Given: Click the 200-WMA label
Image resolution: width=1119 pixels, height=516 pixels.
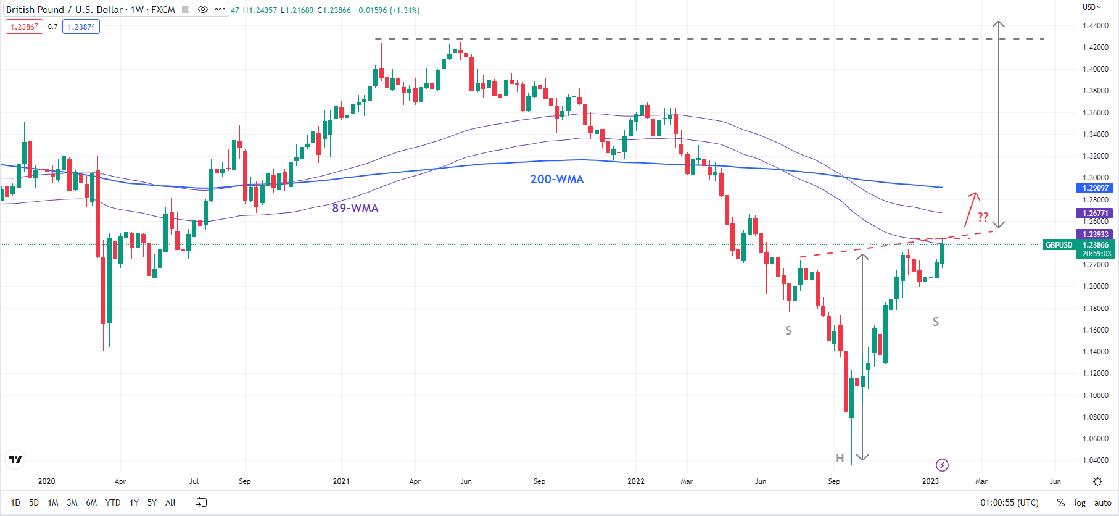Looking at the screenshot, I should pyautogui.click(x=556, y=179).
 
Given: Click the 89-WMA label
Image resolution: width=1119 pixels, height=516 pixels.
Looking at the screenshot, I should pyautogui.click(x=355, y=208).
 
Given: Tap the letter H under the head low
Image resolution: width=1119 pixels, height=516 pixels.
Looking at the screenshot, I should pyautogui.click(x=840, y=458).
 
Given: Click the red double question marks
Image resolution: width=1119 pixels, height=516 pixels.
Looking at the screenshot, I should pyautogui.click(x=983, y=217).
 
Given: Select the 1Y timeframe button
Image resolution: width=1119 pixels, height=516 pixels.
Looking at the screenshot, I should pyautogui.click(x=134, y=502).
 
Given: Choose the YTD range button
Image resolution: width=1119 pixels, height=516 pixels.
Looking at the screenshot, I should pyautogui.click(x=113, y=502).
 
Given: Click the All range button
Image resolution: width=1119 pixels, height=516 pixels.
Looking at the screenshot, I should pyautogui.click(x=170, y=502).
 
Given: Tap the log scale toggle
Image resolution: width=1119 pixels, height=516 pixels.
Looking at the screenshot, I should pyautogui.click(x=1080, y=502).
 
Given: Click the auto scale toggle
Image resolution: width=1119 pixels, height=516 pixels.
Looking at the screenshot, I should pyautogui.click(x=1102, y=502).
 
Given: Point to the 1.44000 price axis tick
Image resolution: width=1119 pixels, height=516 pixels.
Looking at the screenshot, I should pyautogui.click(x=1096, y=26).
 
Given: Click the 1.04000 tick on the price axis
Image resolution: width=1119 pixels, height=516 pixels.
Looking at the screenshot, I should pyautogui.click(x=1096, y=460).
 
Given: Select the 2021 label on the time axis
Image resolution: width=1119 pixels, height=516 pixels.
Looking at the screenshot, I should pyautogui.click(x=341, y=481).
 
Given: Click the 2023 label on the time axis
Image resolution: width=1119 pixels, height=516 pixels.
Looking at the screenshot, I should pyautogui.click(x=930, y=481).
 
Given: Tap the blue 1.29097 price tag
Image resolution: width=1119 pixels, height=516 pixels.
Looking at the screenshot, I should pyautogui.click(x=1095, y=188).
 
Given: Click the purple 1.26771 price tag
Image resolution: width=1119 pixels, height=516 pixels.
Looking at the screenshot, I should pyautogui.click(x=1095, y=214).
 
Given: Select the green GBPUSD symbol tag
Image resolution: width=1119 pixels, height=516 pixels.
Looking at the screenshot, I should pyautogui.click(x=1059, y=245).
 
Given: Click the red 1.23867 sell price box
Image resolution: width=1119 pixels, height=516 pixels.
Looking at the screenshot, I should pyautogui.click(x=25, y=27).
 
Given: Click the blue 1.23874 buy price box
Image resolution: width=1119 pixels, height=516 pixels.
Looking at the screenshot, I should pyautogui.click(x=81, y=27).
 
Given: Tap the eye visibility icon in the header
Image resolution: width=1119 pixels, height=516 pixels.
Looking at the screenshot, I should pyautogui.click(x=202, y=9).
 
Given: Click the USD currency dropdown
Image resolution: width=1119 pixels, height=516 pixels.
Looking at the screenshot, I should pyautogui.click(x=1091, y=7).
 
